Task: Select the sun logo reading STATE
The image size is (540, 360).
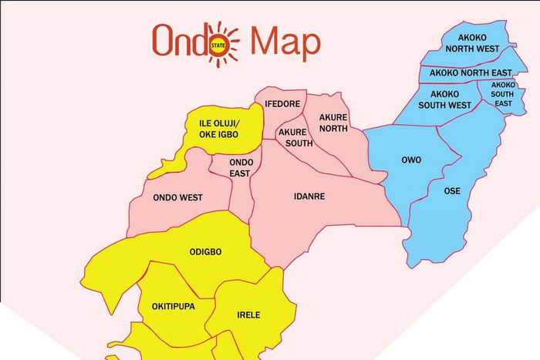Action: [224, 43]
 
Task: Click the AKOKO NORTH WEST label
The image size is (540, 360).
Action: [463, 42]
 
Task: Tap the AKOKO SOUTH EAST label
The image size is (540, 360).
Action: [503, 94]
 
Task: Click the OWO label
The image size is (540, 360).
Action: [411, 160]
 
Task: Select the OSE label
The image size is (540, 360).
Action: [454, 190]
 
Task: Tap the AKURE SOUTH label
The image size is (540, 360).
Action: [294, 137]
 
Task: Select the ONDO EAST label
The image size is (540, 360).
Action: [242, 168]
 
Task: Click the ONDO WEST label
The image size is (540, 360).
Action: [177, 197]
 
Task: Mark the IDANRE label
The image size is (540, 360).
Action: [309, 197]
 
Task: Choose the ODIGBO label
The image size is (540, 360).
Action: [206, 252]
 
